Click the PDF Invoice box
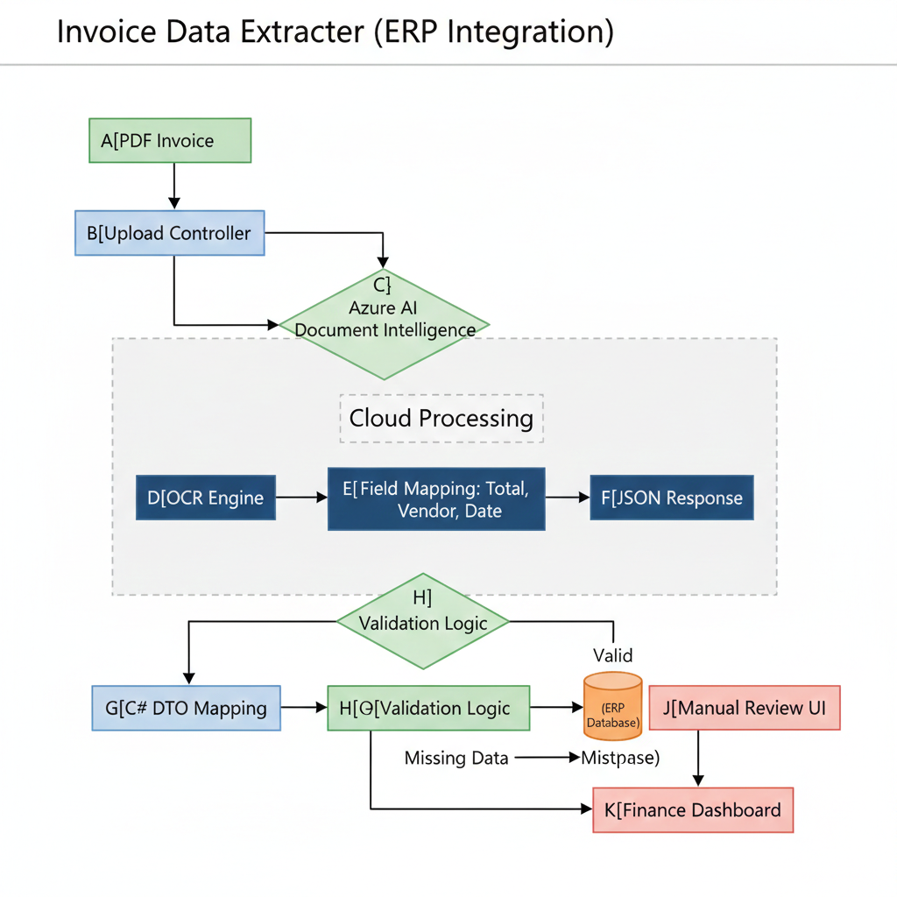coord(170,141)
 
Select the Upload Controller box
coord(169,233)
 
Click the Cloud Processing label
coord(441,418)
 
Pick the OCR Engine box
coord(206,498)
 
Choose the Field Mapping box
coord(436,498)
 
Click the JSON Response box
coord(671,498)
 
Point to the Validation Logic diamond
coord(423,621)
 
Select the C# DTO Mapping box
coord(187,708)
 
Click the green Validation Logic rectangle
coord(428,708)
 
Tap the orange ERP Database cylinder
coord(612,706)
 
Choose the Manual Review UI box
coord(745,708)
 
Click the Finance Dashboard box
coord(693,809)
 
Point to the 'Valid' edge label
coord(612,655)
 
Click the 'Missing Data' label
coord(456,759)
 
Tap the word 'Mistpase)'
coord(620,759)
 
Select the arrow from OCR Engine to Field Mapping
coord(301,498)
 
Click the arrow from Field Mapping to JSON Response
coord(568,498)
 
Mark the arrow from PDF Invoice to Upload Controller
coord(174,186)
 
